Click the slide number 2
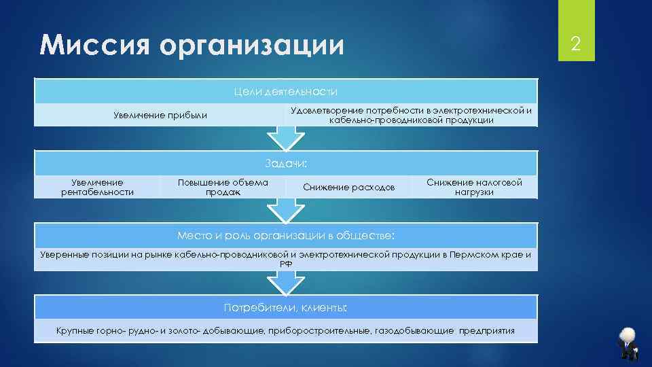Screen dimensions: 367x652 575,45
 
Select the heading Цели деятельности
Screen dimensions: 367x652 285,92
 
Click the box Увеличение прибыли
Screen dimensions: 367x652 160,116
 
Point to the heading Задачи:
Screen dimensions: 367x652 285,163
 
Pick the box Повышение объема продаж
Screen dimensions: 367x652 223,187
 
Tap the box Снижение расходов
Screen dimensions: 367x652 348,187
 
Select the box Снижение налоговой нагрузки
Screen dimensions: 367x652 474,187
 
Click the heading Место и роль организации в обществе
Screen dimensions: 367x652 285,236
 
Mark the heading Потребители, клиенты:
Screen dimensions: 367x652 285,308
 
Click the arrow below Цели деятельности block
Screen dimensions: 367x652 285,138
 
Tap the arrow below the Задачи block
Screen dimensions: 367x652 285,211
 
